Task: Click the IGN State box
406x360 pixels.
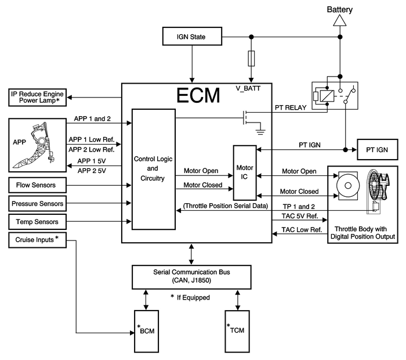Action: coord(191,38)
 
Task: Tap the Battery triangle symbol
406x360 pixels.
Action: coord(339,20)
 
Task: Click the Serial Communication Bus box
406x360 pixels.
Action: coord(192,276)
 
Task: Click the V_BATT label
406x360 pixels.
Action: coord(246,88)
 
